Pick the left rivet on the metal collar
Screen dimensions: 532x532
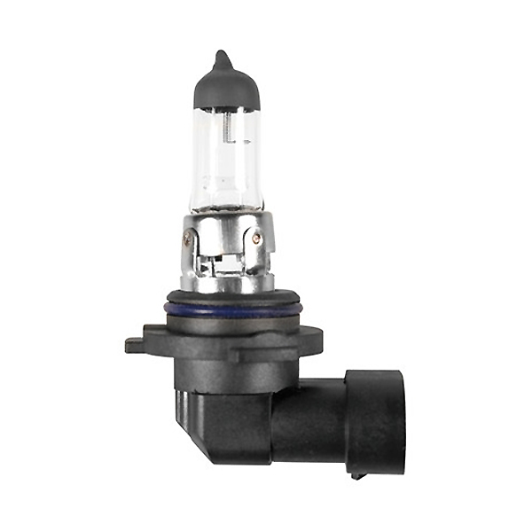(187, 239)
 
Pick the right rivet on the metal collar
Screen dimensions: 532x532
(256, 239)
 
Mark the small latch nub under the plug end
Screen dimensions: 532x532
(357, 474)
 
